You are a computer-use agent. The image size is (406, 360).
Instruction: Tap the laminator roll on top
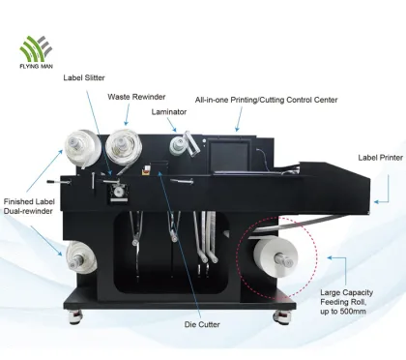click(x=179, y=145)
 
